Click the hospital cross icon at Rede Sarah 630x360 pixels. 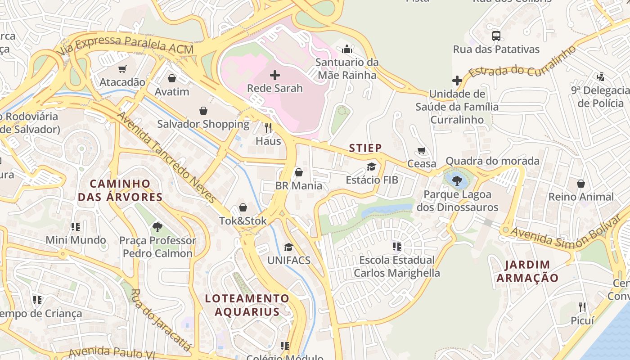coord(275,75)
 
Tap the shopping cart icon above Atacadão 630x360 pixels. coord(122,69)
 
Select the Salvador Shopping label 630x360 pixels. coord(203,124)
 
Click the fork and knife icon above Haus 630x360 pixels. coord(268,127)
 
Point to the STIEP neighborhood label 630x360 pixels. coord(365,148)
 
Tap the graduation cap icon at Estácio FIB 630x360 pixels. coord(371,166)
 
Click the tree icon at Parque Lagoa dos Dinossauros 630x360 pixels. coord(457,181)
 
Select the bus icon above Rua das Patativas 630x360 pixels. coord(496,36)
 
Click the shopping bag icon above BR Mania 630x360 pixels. coord(298,172)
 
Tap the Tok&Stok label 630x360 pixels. coord(243,221)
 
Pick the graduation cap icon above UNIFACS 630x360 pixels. coord(288,247)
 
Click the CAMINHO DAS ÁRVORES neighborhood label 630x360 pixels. coord(120,190)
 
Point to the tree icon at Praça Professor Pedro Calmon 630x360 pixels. coord(157,227)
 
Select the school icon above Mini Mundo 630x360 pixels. coord(76,226)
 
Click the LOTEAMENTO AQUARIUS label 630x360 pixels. coord(247,305)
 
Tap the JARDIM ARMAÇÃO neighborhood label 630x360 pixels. coord(527,271)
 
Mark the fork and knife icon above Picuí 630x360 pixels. coord(582,307)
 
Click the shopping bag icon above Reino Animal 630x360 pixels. coord(581,184)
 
